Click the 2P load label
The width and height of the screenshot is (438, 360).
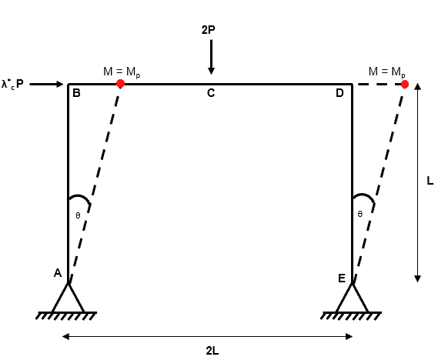click(x=208, y=30)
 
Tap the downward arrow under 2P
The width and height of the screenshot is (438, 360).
click(x=211, y=57)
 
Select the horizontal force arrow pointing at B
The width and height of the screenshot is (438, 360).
click(x=47, y=84)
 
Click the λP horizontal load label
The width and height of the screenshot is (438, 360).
click(x=12, y=84)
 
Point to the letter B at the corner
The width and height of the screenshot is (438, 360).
click(x=76, y=93)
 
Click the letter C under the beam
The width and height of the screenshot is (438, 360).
click(x=211, y=93)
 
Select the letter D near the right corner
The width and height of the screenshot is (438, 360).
click(x=339, y=93)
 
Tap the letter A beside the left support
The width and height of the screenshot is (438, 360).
click(x=58, y=273)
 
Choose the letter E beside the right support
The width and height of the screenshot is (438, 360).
click(x=342, y=278)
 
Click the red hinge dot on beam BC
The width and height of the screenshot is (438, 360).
click(x=120, y=83)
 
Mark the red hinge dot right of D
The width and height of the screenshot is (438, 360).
click(x=404, y=85)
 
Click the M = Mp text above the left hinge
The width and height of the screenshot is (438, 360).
click(x=122, y=72)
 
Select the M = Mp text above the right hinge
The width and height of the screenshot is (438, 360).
click(x=387, y=72)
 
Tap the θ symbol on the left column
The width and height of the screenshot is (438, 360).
click(x=78, y=215)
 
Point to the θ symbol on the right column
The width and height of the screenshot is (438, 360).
click(x=360, y=214)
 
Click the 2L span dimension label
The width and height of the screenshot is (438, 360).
click(x=212, y=351)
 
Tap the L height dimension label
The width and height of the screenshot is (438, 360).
click(x=430, y=181)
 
